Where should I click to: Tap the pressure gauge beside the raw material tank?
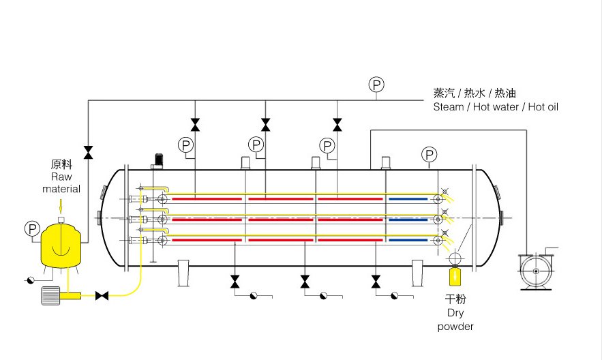coord(32,228)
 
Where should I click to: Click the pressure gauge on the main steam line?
coord(376,85)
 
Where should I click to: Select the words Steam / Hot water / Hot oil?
coord(496,107)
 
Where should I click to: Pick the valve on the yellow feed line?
coord(102,295)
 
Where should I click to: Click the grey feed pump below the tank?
coord(52,295)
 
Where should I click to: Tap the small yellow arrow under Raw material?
coord(61,205)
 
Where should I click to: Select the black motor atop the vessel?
coord(158,160)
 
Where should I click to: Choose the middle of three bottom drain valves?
coord(305,281)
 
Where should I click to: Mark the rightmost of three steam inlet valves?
coord(337,124)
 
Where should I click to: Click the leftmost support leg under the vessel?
coord(183,273)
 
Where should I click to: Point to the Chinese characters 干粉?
coord(455,299)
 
